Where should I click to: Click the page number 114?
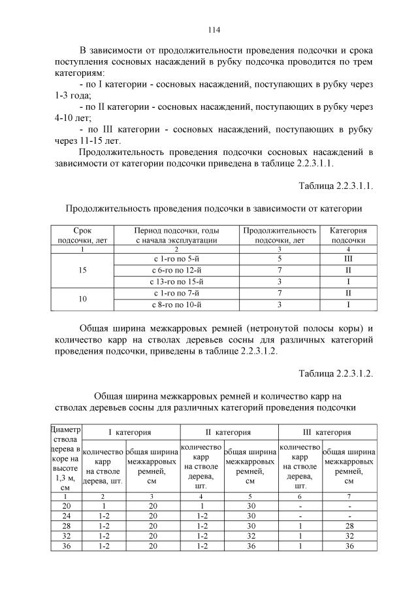click(213, 29)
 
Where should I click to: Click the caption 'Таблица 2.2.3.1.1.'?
click(336, 186)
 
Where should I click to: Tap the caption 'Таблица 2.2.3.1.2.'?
click(336, 373)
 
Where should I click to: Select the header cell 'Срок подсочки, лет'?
click(82, 235)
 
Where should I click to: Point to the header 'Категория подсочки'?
click(348, 235)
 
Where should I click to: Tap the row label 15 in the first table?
click(82, 271)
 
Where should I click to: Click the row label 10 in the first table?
click(82, 299)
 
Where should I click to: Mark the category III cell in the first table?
click(348, 260)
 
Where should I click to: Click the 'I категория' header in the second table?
click(130, 432)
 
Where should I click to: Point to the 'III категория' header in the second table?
click(327, 432)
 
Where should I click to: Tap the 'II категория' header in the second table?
click(229, 432)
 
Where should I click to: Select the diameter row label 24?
click(66, 515)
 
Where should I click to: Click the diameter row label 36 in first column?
click(66, 546)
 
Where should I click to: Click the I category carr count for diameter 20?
click(103, 505)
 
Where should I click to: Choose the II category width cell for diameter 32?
click(250, 536)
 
